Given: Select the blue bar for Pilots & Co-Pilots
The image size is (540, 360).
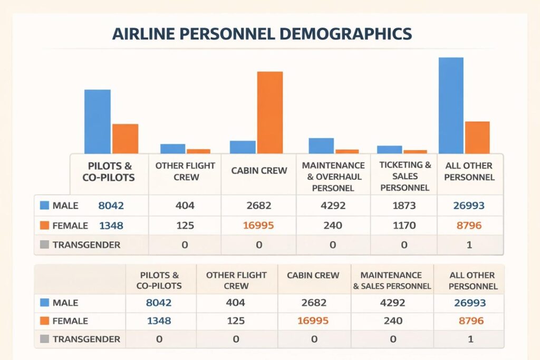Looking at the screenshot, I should tap(98, 122).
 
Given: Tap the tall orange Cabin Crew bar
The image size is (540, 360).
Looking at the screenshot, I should tap(269, 112).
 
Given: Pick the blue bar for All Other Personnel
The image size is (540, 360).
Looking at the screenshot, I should tap(451, 105).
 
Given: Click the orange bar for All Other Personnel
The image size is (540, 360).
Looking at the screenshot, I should tap(477, 138).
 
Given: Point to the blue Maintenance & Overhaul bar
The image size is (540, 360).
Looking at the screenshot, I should tap(321, 145).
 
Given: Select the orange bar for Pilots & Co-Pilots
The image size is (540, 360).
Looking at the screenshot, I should tap(125, 139).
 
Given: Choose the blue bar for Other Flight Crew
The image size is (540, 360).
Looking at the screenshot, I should tap(173, 149).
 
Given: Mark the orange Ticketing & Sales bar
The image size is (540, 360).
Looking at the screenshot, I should tap(415, 152).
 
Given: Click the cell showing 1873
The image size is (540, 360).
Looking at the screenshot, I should tap(404, 206).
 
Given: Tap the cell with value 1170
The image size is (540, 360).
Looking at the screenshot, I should tap(404, 226).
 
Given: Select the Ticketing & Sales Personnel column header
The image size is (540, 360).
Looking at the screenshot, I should tap(405, 176).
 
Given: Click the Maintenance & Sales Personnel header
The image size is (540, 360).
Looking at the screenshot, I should tap(392, 280).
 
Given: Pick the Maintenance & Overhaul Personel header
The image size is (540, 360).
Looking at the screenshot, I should tap(333, 176).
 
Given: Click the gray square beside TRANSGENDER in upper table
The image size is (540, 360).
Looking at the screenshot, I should tap(44, 245).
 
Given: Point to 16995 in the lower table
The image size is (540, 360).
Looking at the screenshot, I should tap(314, 320).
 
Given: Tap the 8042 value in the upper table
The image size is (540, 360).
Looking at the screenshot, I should tap(111, 206).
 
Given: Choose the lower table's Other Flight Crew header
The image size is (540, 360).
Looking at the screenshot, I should tap(236, 280).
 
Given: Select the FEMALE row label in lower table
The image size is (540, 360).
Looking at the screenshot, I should tap(70, 320).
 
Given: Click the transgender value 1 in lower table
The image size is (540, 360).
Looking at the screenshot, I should tap(469, 339).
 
